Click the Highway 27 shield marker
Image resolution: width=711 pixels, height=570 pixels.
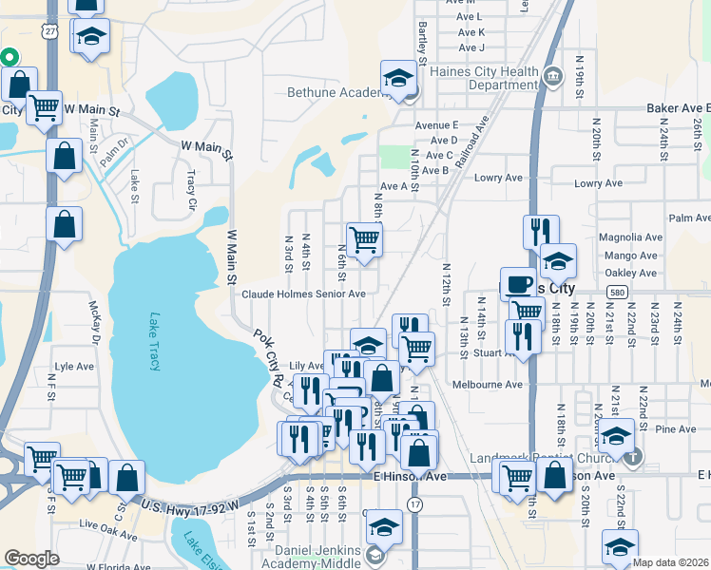pos(48,30)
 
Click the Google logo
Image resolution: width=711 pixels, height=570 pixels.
pos(31,559)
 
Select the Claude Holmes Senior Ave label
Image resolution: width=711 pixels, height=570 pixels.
pos(303,294)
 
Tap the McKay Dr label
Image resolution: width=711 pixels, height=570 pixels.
pos(94,322)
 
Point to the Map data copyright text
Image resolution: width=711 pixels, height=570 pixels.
pos(670,562)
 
